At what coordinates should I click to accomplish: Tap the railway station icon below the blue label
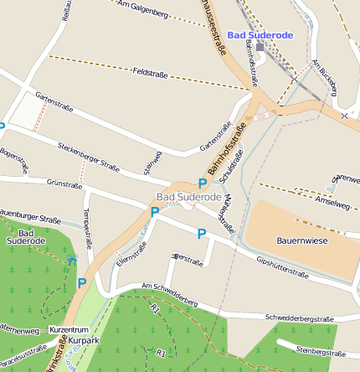(260, 47)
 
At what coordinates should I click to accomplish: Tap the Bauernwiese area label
(303, 240)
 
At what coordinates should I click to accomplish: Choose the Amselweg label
(334, 204)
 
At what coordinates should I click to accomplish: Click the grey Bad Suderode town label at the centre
(188, 197)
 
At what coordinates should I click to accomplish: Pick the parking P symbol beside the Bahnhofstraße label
(202, 183)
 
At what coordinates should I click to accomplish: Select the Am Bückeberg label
(323, 76)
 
